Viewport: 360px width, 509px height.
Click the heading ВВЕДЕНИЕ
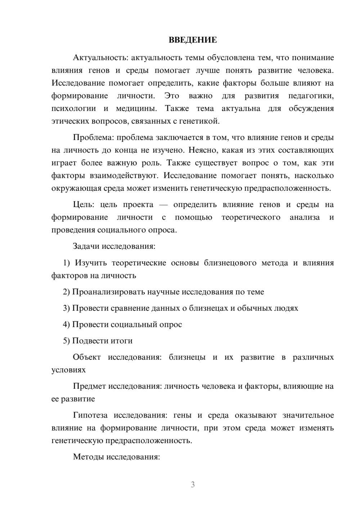pyautogui.click(x=193, y=40)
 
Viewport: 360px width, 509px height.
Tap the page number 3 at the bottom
pyautogui.click(x=193, y=485)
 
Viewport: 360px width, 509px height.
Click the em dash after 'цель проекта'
pyautogui.click(x=163, y=205)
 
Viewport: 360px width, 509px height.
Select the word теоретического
pyautogui.click(x=251, y=217)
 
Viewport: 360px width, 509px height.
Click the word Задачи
pyautogui.click(x=86, y=247)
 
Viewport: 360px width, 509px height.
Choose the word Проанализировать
pyautogui.click(x=109, y=292)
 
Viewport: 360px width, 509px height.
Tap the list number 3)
pyautogui.click(x=67, y=308)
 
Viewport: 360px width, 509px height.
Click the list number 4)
pyautogui.click(x=67, y=324)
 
